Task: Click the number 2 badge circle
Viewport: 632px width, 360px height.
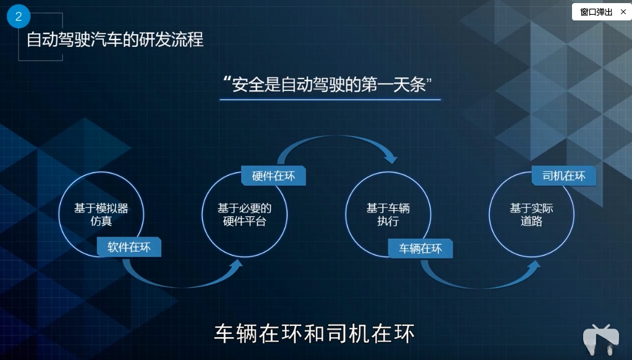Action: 19,17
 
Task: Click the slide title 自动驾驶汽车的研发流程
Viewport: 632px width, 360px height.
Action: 115,40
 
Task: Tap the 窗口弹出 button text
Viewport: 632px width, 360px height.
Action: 596,12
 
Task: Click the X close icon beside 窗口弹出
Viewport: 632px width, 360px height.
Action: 623,12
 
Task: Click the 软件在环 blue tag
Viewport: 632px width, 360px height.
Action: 129,247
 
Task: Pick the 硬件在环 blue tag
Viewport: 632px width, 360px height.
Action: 273,176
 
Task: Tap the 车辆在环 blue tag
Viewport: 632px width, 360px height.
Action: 421,249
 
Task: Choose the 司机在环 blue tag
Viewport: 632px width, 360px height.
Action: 563,176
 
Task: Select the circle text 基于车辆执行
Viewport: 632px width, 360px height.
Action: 388,215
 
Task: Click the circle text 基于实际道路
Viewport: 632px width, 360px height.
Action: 531,215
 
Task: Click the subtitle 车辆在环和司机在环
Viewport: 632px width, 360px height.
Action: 314,333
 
